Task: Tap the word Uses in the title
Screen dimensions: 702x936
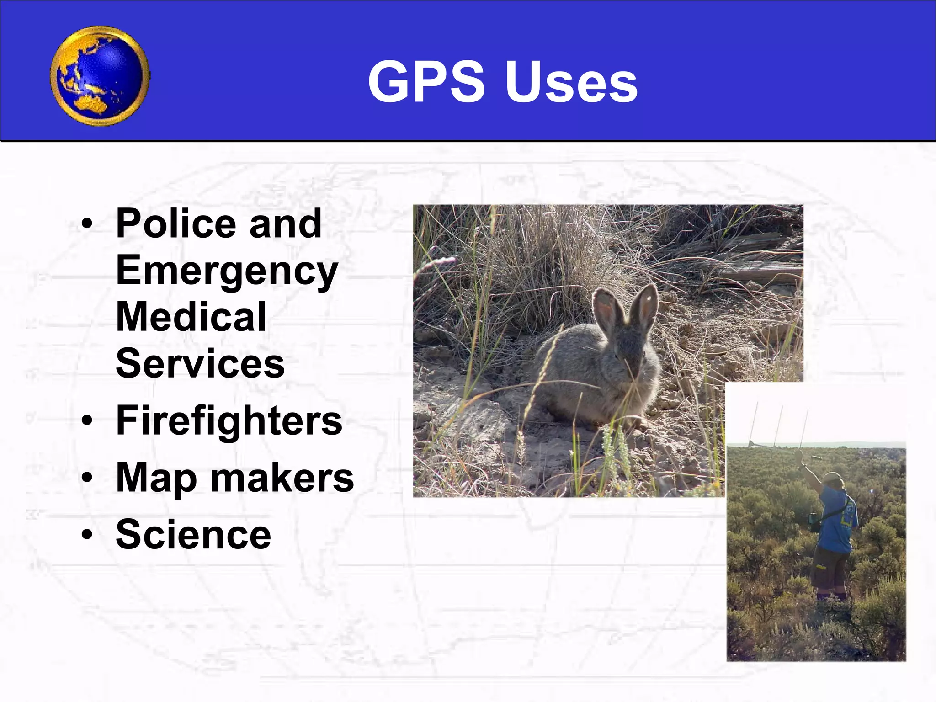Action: [571, 82]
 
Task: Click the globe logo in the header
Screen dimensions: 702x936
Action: [100, 76]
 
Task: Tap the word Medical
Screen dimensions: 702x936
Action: [191, 317]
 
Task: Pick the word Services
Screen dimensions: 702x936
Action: [200, 363]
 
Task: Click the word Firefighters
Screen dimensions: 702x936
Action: [229, 421]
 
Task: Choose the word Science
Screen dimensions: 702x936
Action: [193, 534]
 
